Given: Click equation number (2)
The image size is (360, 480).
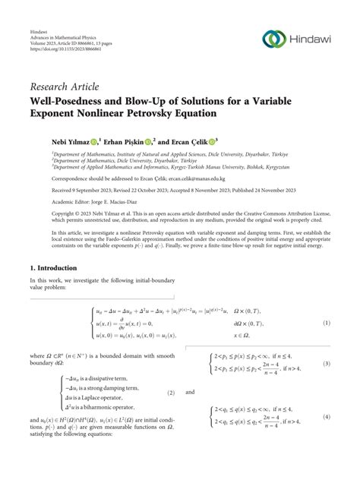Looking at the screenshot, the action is pos(172,393).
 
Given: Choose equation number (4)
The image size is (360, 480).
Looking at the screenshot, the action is pos(327,417).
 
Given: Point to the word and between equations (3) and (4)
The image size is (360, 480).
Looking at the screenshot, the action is pos(190,393).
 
